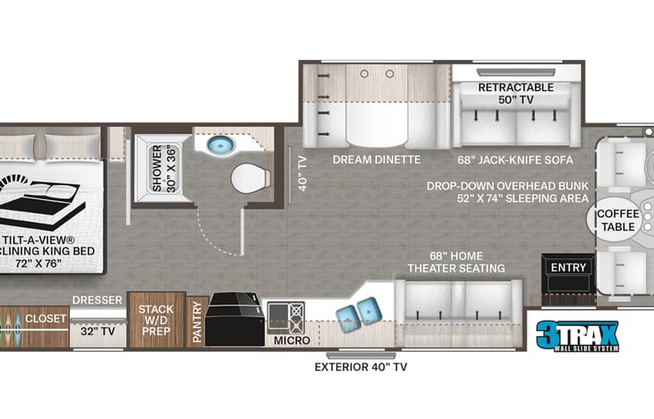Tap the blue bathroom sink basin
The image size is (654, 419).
(218, 146)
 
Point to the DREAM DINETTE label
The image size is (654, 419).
(377, 160)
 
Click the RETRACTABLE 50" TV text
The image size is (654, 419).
(515, 93)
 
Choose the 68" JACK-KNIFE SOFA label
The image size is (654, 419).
(515, 160)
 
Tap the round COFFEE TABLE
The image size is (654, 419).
(618, 220)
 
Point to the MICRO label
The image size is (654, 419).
(292, 340)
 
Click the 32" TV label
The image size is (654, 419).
(97, 331)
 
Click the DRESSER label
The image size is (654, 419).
(97, 300)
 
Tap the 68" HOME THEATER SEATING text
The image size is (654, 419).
(456, 261)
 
